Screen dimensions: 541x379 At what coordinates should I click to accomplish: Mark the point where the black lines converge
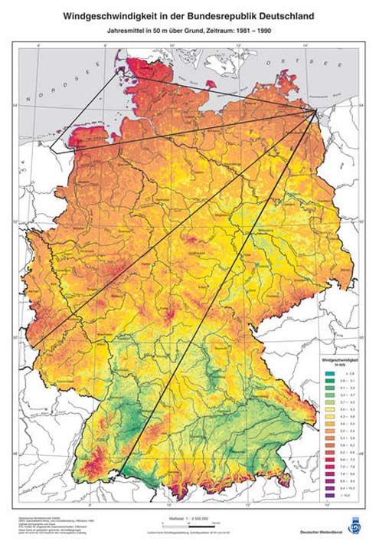[318, 113]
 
